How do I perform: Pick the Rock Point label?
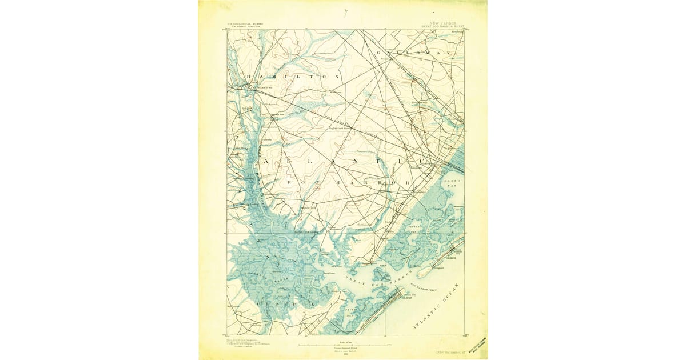328,273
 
